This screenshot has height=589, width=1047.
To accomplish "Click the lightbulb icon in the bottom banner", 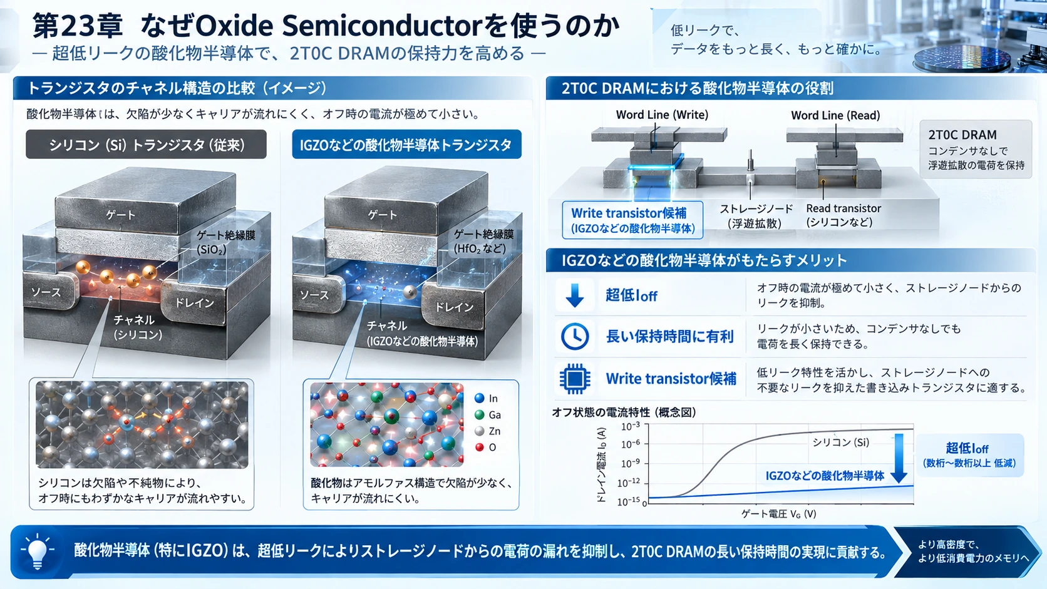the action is pyautogui.click(x=38, y=552).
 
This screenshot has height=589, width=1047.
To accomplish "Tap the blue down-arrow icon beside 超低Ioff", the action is pyautogui.click(x=574, y=295).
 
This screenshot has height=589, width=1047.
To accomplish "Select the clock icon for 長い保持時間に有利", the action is pyautogui.click(x=574, y=336).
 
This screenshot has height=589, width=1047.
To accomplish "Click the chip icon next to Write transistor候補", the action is pyautogui.click(x=574, y=378).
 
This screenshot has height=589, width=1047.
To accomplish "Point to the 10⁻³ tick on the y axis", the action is pyautogui.click(x=631, y=426).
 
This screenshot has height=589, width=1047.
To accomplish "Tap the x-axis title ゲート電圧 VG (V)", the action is pyautogui.click(x=779, y=514).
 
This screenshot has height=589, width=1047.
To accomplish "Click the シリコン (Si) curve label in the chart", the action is pyautogui.click(x=840, y=442).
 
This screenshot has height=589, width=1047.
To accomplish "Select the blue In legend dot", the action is pyautogui.click(x=479, y=398).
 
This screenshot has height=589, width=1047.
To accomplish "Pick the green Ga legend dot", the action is pyautogui.click(x=479, y=414).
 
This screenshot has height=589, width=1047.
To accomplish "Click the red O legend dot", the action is pyautogui.click(x=479, y=447).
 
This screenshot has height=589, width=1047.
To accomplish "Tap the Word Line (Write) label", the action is pyautogui.click(x=662, y=115).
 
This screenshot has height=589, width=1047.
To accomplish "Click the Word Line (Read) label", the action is pyautogui.click(x=835, y=115).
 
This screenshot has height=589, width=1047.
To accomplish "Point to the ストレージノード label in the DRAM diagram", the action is pyautogui.click(x=756, y=209).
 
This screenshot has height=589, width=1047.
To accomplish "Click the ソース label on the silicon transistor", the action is pyautogui.click(x=46, y=292).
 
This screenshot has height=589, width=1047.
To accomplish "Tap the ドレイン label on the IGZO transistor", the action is pyautogui.click(x=455, y=307).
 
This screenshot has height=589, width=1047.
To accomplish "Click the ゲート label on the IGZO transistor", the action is pyautogui.click(x=383, y=215).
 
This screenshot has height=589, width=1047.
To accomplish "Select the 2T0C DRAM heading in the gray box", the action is pyautogui.click(x=962, y=135).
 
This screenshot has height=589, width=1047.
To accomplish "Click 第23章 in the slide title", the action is pyautogui.click(x=78, y=26).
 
